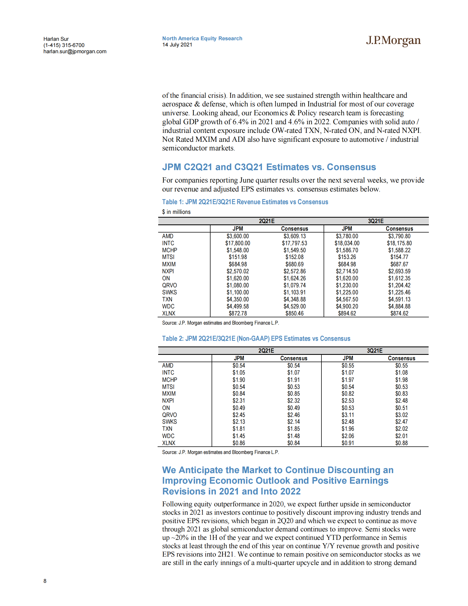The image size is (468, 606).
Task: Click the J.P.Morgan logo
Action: pos(393,41)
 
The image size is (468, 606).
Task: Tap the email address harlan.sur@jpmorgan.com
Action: pos(75,52)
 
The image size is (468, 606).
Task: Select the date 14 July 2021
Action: pos(177,45)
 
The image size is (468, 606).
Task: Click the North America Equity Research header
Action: pos(202,39)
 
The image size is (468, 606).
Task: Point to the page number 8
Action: pos(45,581)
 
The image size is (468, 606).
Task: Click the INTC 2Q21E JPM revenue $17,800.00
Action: pos(238,243)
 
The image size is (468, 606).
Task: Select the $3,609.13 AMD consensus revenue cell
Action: pos(294,236)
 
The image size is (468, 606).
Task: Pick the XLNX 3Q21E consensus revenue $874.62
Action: pos(399,314)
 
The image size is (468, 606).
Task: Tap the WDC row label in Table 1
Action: pos(168,306)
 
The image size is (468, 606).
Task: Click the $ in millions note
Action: pos(176,212)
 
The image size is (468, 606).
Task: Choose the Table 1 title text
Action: pos(245,202)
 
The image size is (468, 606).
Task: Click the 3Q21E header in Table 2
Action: pos(375,351)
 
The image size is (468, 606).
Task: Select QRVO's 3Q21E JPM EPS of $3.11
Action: pos(348,415)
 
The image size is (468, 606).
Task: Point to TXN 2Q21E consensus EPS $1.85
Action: pos(293,429)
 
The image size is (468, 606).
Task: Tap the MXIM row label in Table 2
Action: pos(169,394)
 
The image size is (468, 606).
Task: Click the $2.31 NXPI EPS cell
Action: pos(239,401)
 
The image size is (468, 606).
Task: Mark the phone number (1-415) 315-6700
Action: pos(64,45)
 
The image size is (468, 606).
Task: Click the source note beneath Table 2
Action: pos(221,452)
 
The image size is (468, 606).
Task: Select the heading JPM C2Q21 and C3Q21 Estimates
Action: pos(269,167)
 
